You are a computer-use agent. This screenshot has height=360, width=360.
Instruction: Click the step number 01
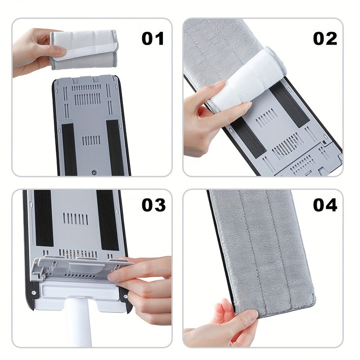pyautogui.click(x=153, y=39)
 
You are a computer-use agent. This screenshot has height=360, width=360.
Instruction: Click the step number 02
pyautogui.click(x=325, y=39)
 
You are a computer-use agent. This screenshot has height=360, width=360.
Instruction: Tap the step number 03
pyautogui.click(x=153, y=205)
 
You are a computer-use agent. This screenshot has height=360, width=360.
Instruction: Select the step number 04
pyautogui.click(x=325, y=205)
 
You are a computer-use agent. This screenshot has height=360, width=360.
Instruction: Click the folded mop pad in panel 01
pyautogui.click(x=84, y=50)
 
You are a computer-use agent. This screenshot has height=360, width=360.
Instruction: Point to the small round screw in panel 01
pyautogui.click(x=94, y=172)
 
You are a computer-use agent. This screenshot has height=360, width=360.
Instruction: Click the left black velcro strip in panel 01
pyautogui.click(x=69, y=149)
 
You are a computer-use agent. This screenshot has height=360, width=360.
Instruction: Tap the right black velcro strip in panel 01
pyautogui.click(x=115, y=148)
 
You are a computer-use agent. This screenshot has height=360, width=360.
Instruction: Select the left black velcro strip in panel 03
pyautogui.click(x=44, y=218)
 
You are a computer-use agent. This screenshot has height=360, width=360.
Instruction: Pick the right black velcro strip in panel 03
pyautogui.click(x=108, y=220)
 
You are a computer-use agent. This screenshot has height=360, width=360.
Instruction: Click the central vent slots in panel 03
pyautogui.click(x=76, y=219)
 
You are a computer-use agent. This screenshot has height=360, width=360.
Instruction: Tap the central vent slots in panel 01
pyautogui.click(x=91, y=140)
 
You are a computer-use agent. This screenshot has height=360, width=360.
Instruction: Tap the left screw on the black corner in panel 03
pyautogui.click(x=34, y=293)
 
